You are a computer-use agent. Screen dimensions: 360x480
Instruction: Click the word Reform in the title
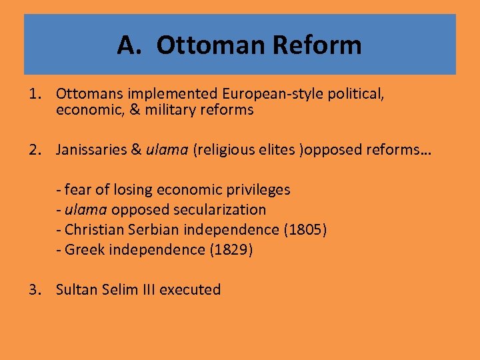pyautogui.click(x=317, y=45)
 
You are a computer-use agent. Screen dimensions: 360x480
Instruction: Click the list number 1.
pyautogui.click(x=35, y=94)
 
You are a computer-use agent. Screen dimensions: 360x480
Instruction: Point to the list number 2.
pyautogui.click(x=35, y=151)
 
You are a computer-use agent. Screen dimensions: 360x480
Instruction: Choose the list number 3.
pyautogui.click(x=35, y=289)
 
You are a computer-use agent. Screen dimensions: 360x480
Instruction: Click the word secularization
pyautogui.click(x=222, y=210)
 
